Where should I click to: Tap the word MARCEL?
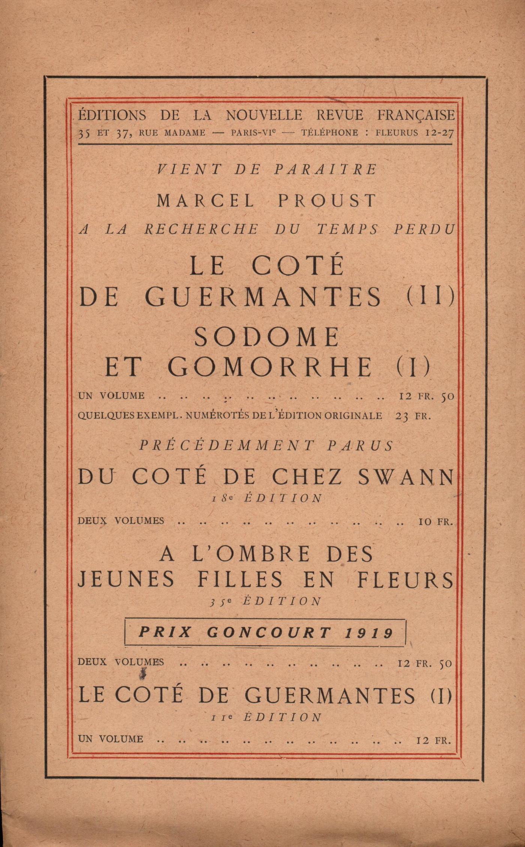[205, 201]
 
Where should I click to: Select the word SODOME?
[267, 337]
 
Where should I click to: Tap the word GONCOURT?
[269, 633]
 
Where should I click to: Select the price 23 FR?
[413, 416]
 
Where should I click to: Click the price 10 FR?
[435, 521]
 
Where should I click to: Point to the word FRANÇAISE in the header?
[416, 115]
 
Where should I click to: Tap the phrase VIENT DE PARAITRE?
[267, 170]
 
